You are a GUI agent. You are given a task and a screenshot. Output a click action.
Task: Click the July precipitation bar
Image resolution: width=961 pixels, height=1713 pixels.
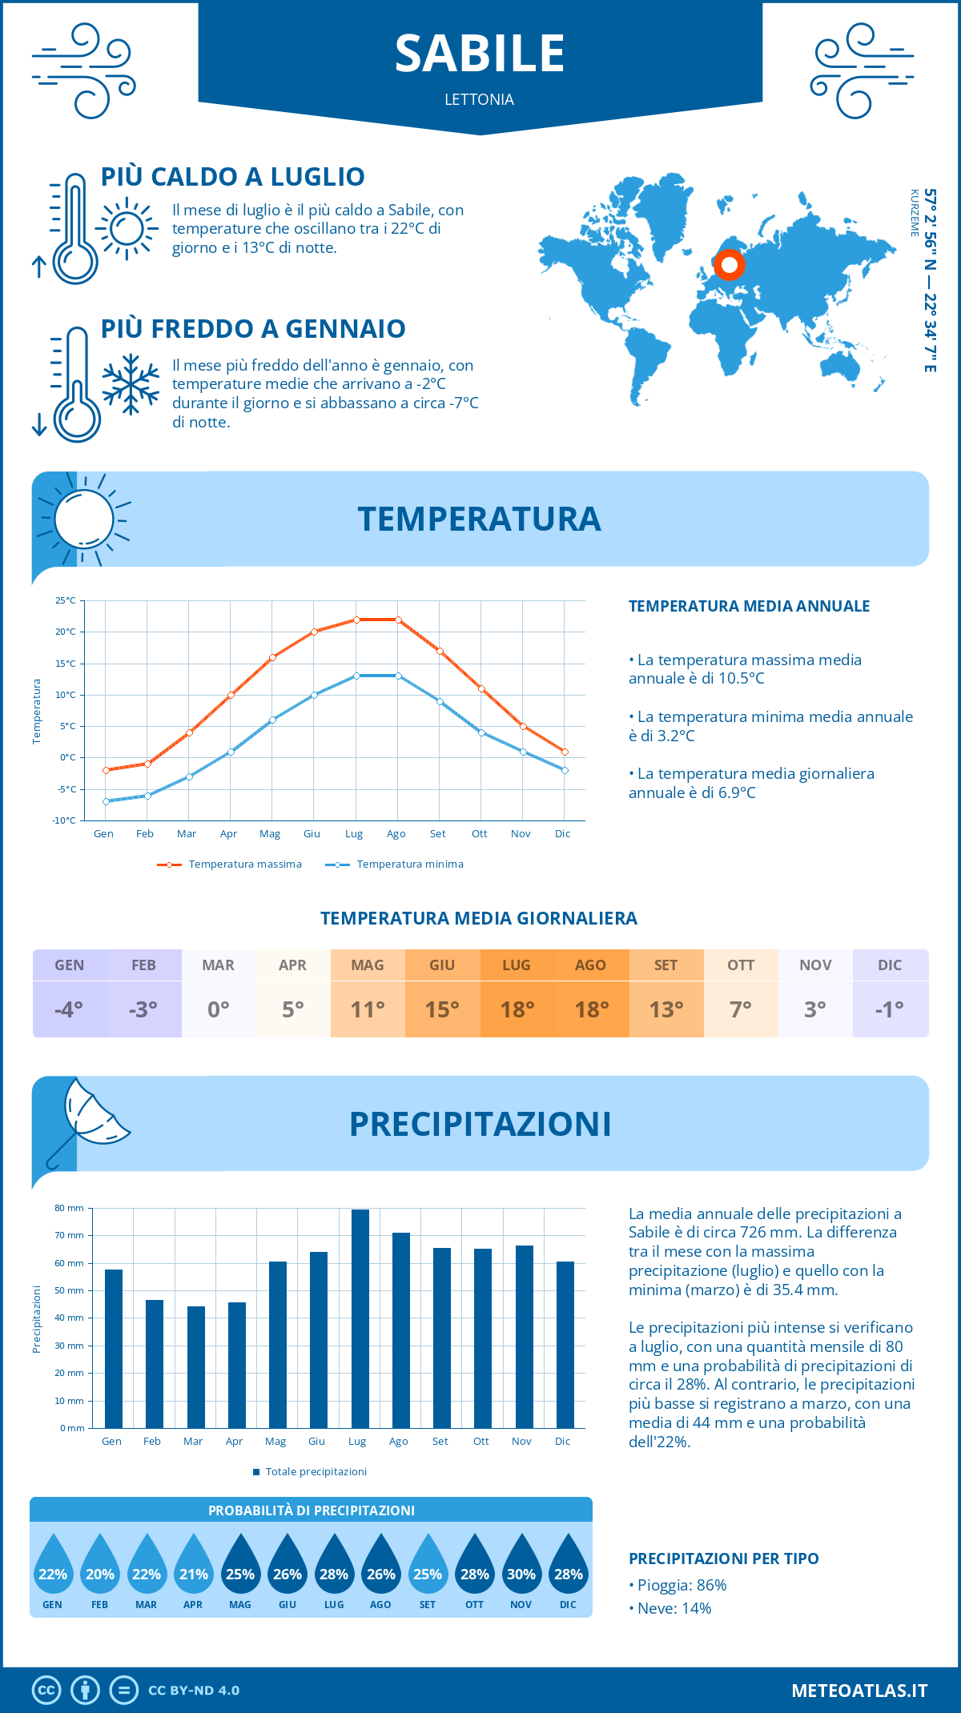pyautogui.click(x=360, y=1318)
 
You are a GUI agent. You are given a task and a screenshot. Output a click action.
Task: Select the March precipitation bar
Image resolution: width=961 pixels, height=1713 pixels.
pyautogui.click(x=195, y=1366)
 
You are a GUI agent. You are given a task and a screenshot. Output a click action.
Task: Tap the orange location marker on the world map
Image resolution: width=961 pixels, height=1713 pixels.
pyautogui.click(x=729, y=265)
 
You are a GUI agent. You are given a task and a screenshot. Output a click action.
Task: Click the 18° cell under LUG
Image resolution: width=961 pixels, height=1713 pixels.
pyautogui.click(x=517, y=1009)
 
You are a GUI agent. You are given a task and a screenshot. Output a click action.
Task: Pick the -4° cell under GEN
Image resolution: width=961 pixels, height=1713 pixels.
pyautogui.click(x=69, y=1009)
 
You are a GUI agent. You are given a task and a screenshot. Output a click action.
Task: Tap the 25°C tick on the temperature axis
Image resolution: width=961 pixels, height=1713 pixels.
pyautogui.click(x=66, y=600)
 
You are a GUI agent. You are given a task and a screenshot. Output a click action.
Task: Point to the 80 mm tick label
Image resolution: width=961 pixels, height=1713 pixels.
pyautogui.click(x=69, y=1208)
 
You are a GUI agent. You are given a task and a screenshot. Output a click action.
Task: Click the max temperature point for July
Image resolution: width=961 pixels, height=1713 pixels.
pyautogui.click(x=356, y=620)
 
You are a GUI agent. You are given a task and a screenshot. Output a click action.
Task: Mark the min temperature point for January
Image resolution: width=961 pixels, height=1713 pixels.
pyautogui.click(x=106, y=801)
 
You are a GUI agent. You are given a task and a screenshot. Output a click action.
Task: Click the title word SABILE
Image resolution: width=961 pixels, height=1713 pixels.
pyautogui.click(x=480, y=54)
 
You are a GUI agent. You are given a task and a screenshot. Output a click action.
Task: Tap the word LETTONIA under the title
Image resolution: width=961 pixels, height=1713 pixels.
pyautogui.click(x=480, y=99)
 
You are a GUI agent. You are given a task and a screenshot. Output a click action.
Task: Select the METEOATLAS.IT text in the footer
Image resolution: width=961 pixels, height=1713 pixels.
pyautogui.click(x=859, y=1691)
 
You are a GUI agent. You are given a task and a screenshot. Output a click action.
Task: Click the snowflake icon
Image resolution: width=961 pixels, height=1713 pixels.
pyautogui.click(x=131, y=384)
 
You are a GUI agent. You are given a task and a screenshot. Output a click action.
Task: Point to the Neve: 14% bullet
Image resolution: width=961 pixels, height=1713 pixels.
pyautogui.click(x=674, y=1608)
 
